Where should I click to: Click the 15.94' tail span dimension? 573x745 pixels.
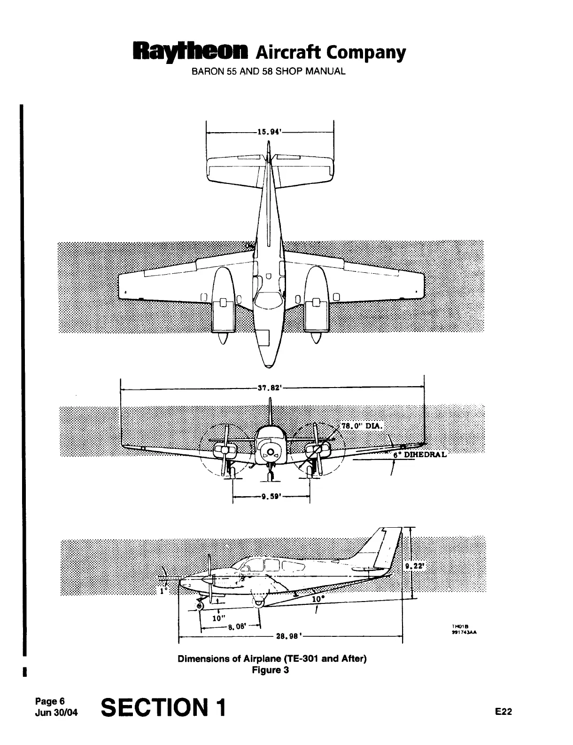269,132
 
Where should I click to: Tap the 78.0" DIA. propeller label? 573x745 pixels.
362,426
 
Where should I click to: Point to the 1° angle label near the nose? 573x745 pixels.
163,592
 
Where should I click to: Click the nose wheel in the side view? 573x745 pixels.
200,606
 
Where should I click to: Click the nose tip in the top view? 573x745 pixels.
268,366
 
